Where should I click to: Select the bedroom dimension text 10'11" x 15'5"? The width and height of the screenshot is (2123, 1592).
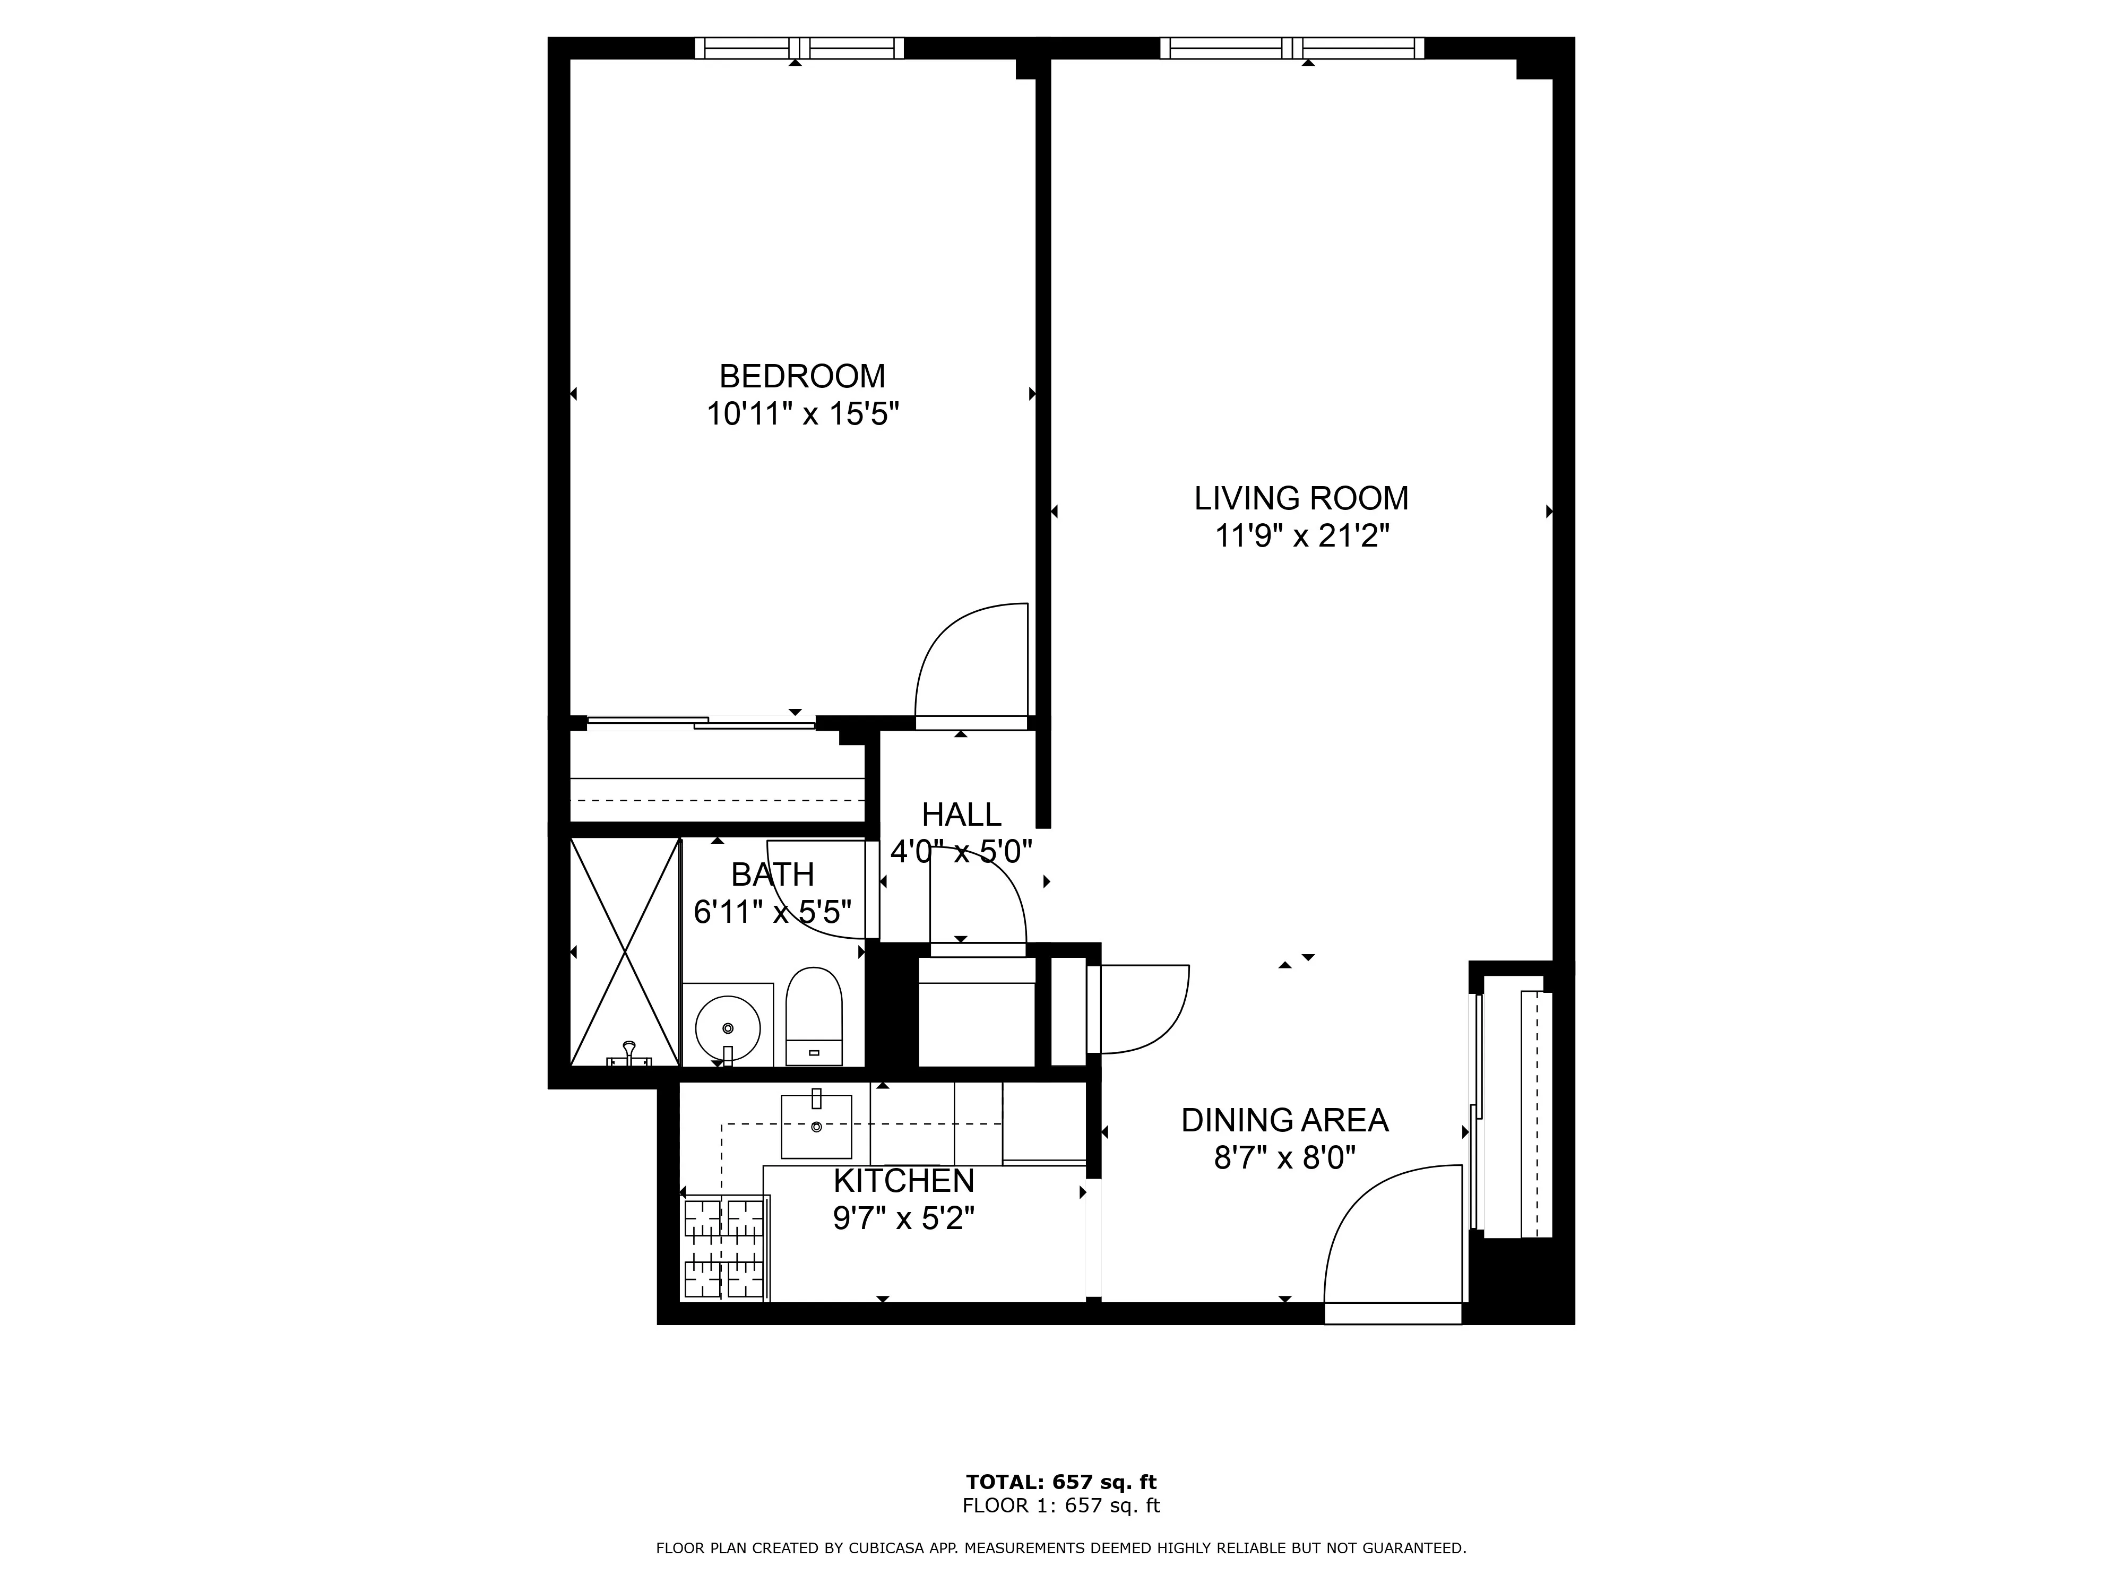pyautogui.click(x=802, y=414)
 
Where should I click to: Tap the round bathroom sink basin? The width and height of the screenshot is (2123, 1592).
pyautogui.click(x=728, y=1029)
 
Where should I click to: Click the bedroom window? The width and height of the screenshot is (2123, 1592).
pyautogui.click(x=799, y=48)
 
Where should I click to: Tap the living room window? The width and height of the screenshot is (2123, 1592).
pyautogui.click(x=1292, y=48)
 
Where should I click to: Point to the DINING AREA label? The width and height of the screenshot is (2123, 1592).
pyautogui.click(x=1284, y=1120)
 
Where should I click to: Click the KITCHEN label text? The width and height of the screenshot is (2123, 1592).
pyautogui.click(x=903, y=1180)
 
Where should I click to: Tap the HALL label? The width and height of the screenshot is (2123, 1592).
pyautogui.click(x=961, y=815)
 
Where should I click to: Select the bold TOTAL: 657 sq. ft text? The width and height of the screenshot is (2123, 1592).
pyautogui.click(x=1060, y=1483)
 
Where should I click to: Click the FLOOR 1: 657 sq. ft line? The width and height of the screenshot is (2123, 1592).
pyautogui.click(x=1060, y=1506)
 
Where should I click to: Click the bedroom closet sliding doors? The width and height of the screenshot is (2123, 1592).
pyautogui.click(x=701, y=723)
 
